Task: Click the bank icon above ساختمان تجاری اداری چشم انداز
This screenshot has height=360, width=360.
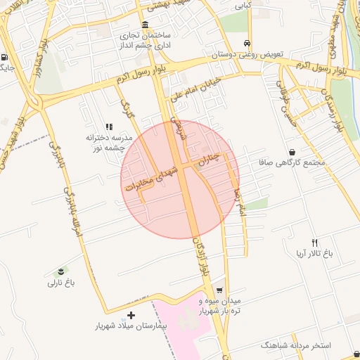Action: (146, 25)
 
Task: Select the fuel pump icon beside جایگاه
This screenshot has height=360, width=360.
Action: (6, 58)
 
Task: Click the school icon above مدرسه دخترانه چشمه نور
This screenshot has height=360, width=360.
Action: (108, 127)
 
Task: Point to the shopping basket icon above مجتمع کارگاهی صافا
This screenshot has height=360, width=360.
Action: (292, 152)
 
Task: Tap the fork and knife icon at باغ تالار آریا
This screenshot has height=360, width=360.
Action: (314, 242)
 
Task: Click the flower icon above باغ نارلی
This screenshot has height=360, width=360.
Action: (61, 272)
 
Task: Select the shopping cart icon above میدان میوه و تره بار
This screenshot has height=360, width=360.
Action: (220, 290)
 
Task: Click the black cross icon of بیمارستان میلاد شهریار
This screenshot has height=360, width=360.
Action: (131, 315)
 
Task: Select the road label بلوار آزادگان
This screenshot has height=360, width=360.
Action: (202, 257)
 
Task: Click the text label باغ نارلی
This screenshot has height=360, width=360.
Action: (61, 283)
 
